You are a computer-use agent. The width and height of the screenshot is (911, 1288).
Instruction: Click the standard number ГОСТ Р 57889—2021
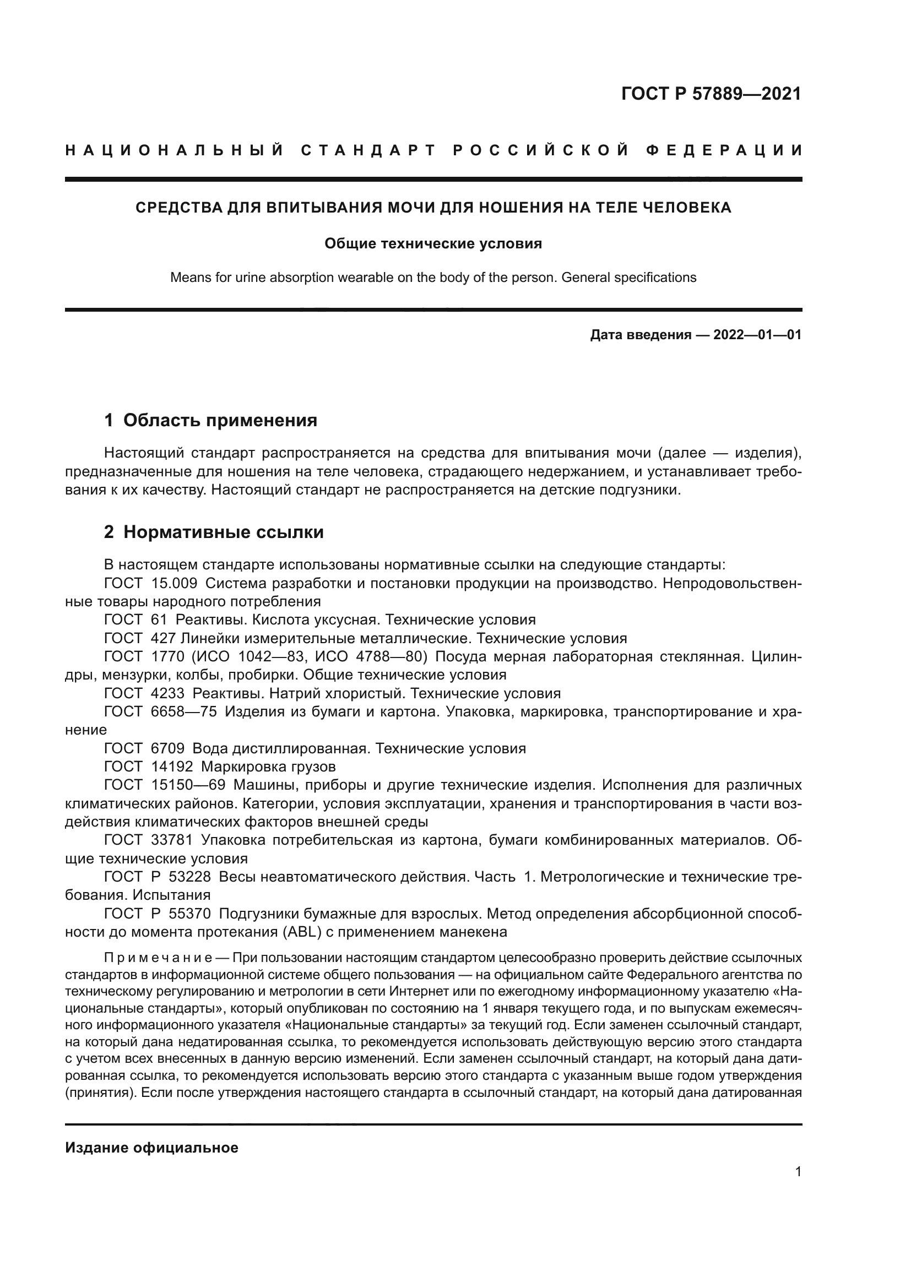click(x=711, y=94)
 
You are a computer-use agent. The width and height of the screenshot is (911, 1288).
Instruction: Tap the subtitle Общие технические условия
click(x=433, y=243)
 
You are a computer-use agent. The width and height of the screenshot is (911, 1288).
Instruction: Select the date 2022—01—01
click(x=757, y=335)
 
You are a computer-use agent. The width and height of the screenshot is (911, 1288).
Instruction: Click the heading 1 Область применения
click(x=210, y=420)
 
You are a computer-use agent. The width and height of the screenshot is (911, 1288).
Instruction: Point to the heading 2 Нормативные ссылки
click(x=214, y=532)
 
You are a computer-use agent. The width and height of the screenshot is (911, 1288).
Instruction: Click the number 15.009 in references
click(x=174, y=583)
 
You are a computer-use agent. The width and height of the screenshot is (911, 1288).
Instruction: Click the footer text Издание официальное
click(x=151, y=1148)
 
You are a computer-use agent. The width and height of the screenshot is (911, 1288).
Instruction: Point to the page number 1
click(x=798, y=1172)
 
